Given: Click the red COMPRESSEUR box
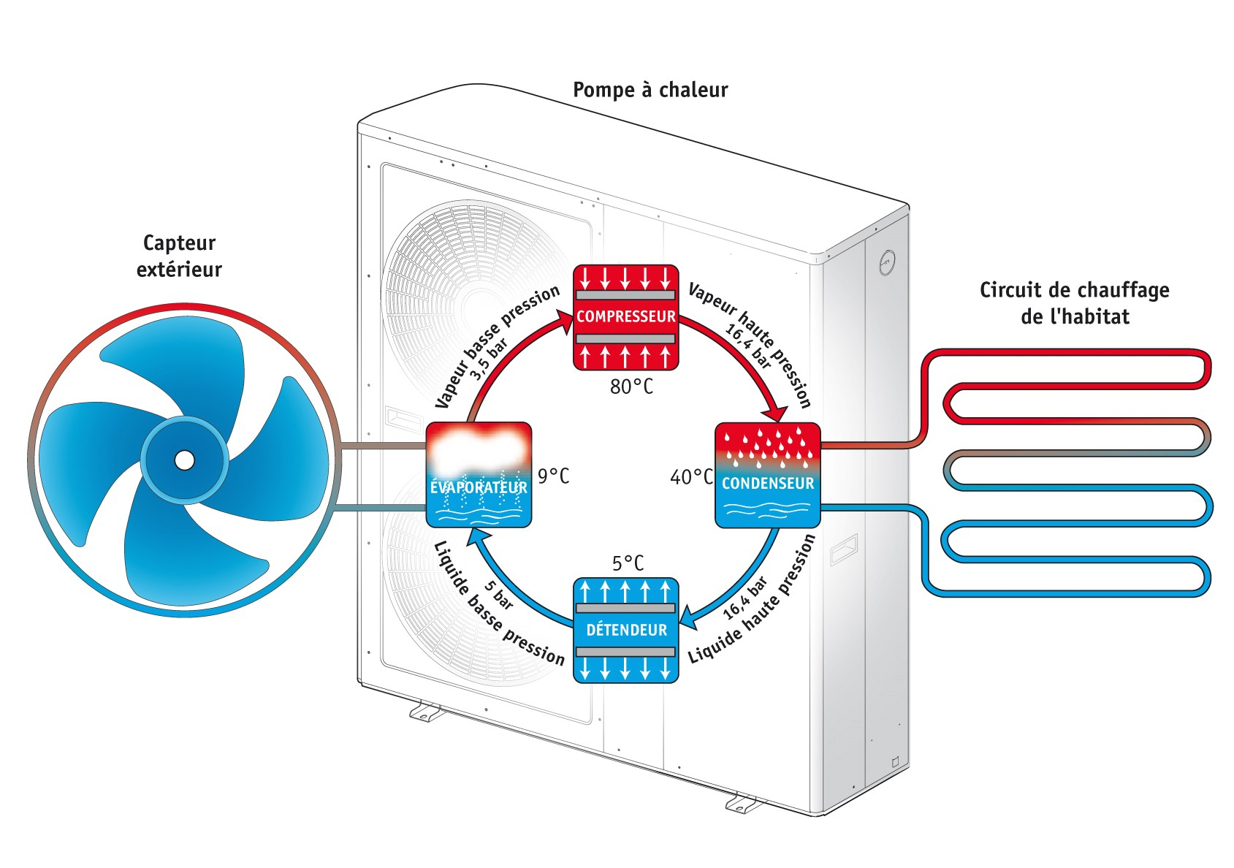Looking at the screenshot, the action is [626, 317].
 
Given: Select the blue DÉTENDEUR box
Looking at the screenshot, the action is [626, 631].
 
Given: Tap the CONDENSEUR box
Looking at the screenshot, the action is [768, 475].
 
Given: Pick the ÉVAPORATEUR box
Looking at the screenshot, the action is [479, 475].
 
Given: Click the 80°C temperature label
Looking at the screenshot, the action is [631, 387].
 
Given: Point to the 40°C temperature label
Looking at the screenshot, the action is [691, 477].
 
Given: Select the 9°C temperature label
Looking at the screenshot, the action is [553, 476].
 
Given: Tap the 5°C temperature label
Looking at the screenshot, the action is [628, 563].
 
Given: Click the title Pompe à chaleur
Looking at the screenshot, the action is [650, 90].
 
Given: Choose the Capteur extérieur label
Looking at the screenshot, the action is [179, 256].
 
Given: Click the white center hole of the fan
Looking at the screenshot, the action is [185, 460].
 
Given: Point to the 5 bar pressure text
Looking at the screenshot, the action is [498, 595].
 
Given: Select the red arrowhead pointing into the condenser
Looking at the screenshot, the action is [777, 413].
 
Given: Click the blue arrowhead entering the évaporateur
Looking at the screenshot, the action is [478, 536].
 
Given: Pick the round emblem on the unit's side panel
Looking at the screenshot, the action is [887, 263].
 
